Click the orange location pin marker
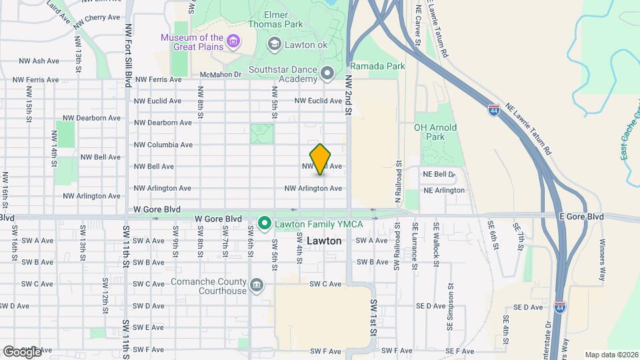click(321, 159)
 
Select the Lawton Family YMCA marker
click(264, 222)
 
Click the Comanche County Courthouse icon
click(256, 286)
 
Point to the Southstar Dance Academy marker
click(327, 73)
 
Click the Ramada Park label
click(377, 67)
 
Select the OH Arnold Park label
click(435, 132)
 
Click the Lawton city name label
click(325, 241)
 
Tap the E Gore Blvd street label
click(581, 217)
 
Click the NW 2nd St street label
click(348, 95)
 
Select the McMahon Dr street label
click(220, 75)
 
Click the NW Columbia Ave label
click(163, 145)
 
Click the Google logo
click(22, 351)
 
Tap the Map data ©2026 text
click(611, 354)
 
